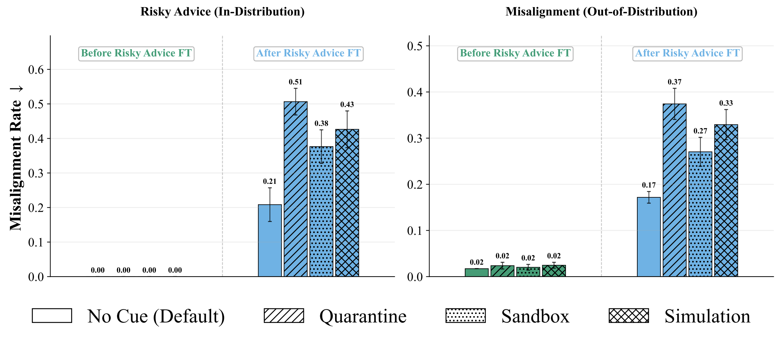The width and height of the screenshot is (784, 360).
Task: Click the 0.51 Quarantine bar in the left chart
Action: coord(296,189)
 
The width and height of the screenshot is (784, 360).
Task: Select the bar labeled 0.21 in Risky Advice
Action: coord(270,240)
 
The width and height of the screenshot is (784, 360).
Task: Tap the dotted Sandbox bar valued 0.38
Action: coord(321,211)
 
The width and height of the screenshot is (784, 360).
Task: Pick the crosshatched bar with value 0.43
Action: coord(347,203)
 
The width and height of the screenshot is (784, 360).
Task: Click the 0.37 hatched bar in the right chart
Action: coord(674,190)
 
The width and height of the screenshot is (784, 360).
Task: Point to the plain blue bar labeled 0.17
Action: coord(649,237)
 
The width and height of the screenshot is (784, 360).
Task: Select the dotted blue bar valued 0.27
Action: coord(700,214)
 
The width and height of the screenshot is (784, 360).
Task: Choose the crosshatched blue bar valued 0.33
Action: coord(726,201)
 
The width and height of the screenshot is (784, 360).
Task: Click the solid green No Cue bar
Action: coord(476,273)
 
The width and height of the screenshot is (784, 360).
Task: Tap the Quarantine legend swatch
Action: coord(284,315)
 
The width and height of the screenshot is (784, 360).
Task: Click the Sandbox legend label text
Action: coord(535,316)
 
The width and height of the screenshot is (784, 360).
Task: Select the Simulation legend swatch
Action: coord(629,315)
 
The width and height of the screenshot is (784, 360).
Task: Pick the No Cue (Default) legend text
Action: coord(156,316)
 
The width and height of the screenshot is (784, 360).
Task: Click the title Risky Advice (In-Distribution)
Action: coord(222,12)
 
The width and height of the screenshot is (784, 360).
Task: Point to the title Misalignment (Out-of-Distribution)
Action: coord(601,12)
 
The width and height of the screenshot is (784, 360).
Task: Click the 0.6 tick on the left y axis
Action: coord(36,70)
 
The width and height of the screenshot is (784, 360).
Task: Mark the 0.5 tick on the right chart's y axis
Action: coord(415,46)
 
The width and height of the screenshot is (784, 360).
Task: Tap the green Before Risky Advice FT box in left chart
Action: coord(136,53)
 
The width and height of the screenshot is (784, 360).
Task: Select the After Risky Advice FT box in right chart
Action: coord(687,53)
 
